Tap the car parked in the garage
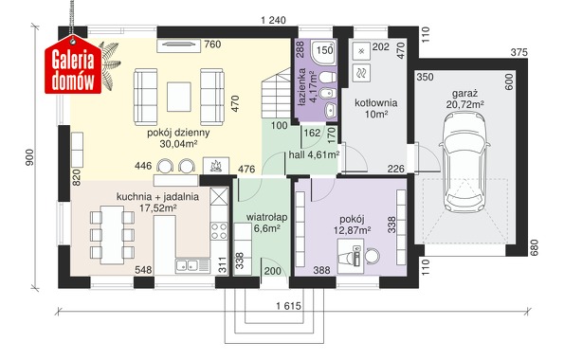[464, 162]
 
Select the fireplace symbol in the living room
[216, 166]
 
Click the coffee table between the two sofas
[179, 97]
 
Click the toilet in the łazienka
[327, 77]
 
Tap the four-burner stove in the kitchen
[219, 231]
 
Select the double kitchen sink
[192, 266]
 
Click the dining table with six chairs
[112, 235]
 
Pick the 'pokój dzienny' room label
[178, 133]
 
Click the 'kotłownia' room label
[376, 103]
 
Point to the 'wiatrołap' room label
[266, 217]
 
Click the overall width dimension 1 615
[288, 306]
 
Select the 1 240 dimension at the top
[273, 20]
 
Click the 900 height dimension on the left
[29, 157]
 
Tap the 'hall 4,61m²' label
[315, 155]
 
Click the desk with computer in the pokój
[351, 257]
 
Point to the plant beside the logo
[110, 64]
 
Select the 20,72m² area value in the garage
[464, 104]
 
